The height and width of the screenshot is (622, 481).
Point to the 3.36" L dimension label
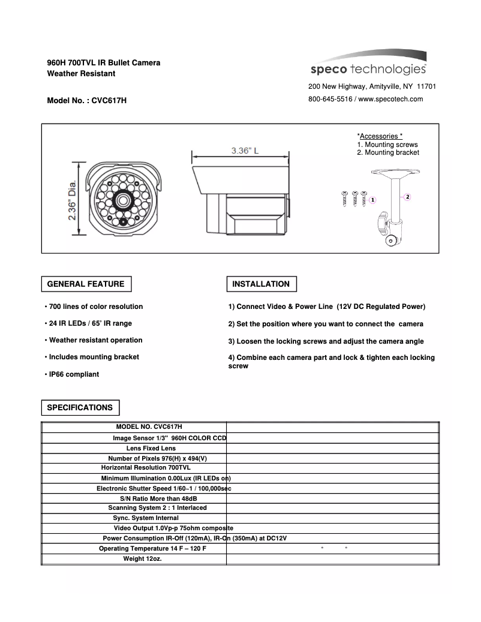(245, 151)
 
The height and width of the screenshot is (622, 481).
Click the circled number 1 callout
(372, 199)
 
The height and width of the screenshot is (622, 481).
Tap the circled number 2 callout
(407, 196)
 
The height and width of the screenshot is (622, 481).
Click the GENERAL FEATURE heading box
(86, 284)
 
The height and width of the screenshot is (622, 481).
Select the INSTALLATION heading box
(261, 284)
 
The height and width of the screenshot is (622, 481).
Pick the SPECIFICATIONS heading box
(80, 408)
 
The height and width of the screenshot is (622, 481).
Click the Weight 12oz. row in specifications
(142, 559)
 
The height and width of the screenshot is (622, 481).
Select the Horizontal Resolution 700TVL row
(146, 467)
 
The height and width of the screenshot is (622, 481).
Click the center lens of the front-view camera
(124, 200)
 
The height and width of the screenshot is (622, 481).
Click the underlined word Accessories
(380, 136)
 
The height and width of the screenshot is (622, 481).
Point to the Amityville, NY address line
(372, 86)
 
